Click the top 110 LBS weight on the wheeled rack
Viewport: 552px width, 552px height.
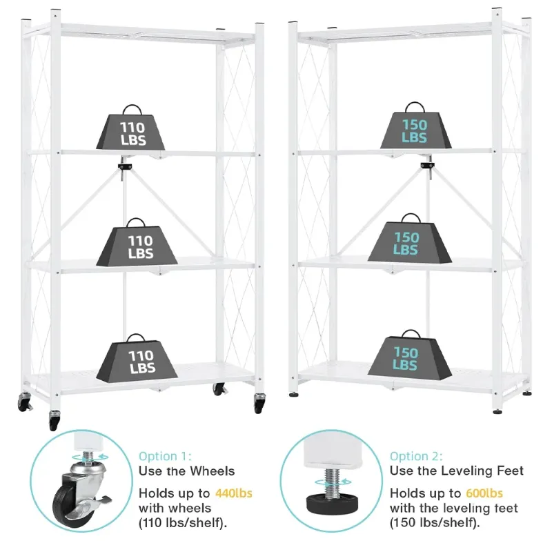click(130, 128)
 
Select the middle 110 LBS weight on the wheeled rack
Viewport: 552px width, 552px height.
click(137, 243)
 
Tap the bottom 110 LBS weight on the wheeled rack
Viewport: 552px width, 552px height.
click(137, 358)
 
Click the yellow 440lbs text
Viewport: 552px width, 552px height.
click(234, 493)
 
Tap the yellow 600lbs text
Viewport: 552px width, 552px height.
click(484, 493)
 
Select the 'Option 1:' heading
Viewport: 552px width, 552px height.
click(165, 456)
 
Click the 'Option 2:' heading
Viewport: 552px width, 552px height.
click(416, 456)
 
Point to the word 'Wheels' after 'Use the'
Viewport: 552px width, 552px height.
click(213, 471)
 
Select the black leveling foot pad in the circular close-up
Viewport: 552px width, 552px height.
click(331, 503)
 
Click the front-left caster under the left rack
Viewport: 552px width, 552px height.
click(55, 420)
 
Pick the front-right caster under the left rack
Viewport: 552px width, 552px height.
click(260, 403)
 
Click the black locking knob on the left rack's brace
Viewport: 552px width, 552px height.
click(124, 166)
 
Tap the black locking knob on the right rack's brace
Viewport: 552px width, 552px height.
click(427, 165)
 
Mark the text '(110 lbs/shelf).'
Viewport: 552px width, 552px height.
click(183, 524)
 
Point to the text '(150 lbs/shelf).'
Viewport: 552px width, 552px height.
click(435, 523)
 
